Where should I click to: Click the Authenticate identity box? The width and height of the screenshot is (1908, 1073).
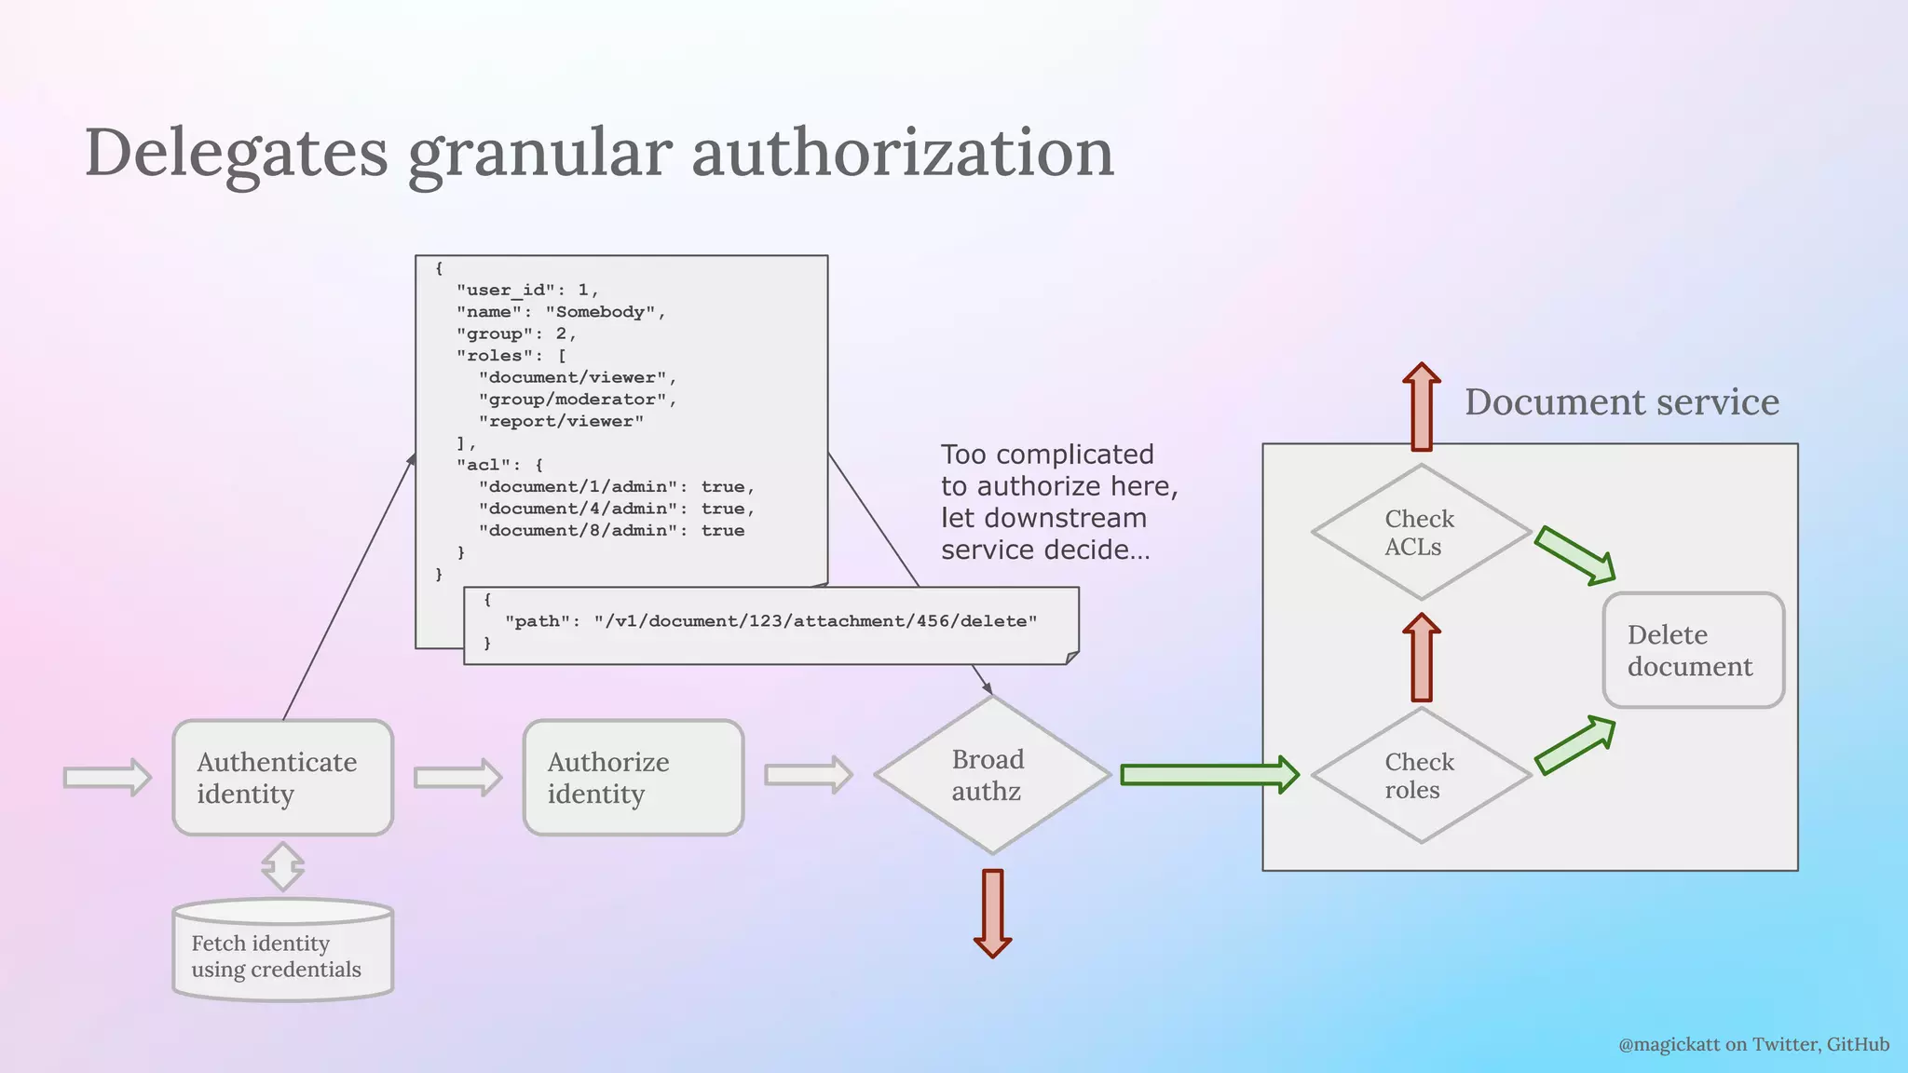[282, 778]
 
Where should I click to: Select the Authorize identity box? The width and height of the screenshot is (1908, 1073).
[634, 778]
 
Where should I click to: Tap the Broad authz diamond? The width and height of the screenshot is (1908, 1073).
[992, 775]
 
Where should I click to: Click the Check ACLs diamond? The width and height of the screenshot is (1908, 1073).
[1421, 533]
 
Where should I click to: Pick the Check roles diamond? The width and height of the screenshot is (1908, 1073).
[1421, 775]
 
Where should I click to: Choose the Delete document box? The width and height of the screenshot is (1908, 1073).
[1693, 650]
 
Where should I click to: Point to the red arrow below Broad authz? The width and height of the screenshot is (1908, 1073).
[992, 913]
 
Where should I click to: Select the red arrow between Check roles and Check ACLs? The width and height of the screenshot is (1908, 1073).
[1421, 657]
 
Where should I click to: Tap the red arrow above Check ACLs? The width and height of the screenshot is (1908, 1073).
[1422, 406]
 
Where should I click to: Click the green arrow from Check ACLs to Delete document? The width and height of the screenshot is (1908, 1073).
[1574, 555]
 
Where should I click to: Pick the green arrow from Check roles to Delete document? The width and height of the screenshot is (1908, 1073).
[1574, 745]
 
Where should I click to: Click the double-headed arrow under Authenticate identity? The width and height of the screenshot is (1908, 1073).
[282, 866]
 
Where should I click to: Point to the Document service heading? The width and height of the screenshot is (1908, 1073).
[1621, 402]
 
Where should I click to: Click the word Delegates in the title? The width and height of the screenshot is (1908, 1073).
[236, 153]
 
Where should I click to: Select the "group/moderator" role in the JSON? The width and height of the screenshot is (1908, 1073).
[578, 400]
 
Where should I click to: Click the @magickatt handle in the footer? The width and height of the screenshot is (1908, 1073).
[1669, 1044]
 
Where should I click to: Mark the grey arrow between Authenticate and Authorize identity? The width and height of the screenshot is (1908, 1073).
[457, 777]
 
